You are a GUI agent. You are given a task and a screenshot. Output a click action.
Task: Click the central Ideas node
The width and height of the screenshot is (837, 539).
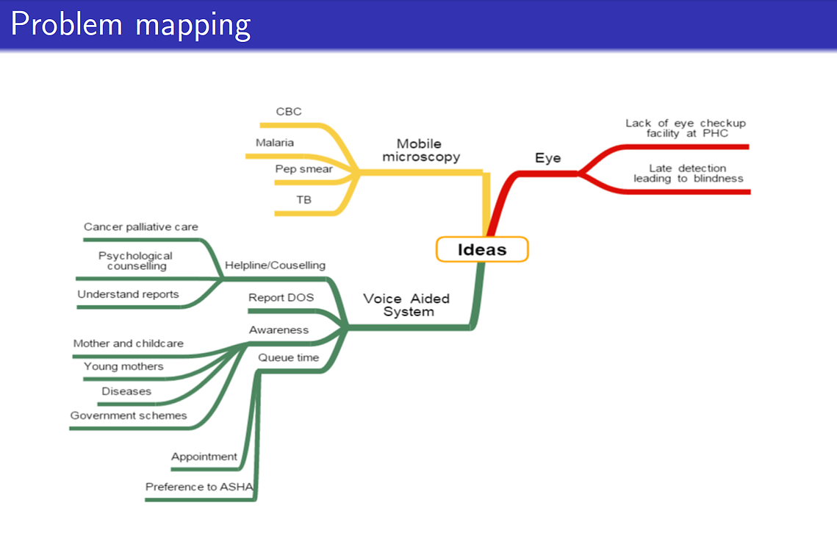pos(482,249)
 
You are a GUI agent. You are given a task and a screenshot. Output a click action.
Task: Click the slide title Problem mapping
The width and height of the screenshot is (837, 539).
pos(131,24)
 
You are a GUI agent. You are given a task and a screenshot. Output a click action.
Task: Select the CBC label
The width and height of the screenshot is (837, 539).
pos(289,112)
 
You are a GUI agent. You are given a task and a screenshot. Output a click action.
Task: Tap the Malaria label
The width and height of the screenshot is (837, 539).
pos(274,143)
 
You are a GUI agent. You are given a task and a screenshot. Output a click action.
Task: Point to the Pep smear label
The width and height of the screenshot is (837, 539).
pos(303,169)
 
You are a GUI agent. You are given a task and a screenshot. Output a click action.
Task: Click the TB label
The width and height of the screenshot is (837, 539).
pos(303,200)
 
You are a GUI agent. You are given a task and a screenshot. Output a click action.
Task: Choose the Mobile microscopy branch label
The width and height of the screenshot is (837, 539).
pos(420,150)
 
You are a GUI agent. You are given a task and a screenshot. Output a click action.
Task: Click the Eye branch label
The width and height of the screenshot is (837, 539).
pos(547,158)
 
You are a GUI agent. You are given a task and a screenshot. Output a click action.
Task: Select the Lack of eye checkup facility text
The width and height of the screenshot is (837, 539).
pos(686,128)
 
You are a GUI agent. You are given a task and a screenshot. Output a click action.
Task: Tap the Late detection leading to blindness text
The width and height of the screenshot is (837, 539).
pos(688,174)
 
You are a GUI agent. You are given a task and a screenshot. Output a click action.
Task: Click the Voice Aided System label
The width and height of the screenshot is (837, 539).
pos(407,305)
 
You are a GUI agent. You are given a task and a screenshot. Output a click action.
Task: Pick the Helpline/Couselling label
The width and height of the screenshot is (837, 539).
pos(275,265)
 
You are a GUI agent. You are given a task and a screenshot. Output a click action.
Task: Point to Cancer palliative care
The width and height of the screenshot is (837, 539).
pos(141,227)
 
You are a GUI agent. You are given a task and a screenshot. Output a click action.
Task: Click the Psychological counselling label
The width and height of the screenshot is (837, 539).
pos(136,261)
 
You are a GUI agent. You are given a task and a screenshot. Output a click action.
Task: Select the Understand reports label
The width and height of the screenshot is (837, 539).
pos(128,294)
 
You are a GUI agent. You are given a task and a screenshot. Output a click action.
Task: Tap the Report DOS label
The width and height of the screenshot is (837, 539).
pos(281,298)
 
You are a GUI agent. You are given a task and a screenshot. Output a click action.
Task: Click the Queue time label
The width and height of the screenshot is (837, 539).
pos(289,358)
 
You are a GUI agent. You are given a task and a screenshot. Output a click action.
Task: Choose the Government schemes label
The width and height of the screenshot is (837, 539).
pos(129,415)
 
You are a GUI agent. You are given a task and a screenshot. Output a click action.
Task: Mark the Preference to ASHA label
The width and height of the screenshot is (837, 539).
pos(199,488)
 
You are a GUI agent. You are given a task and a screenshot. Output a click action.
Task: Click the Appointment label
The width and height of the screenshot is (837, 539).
pos(204,457)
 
